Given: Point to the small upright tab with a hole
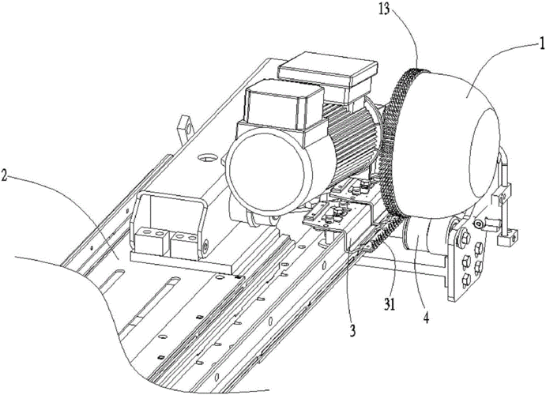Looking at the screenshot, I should pyautogui.click(x=184, y=125).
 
